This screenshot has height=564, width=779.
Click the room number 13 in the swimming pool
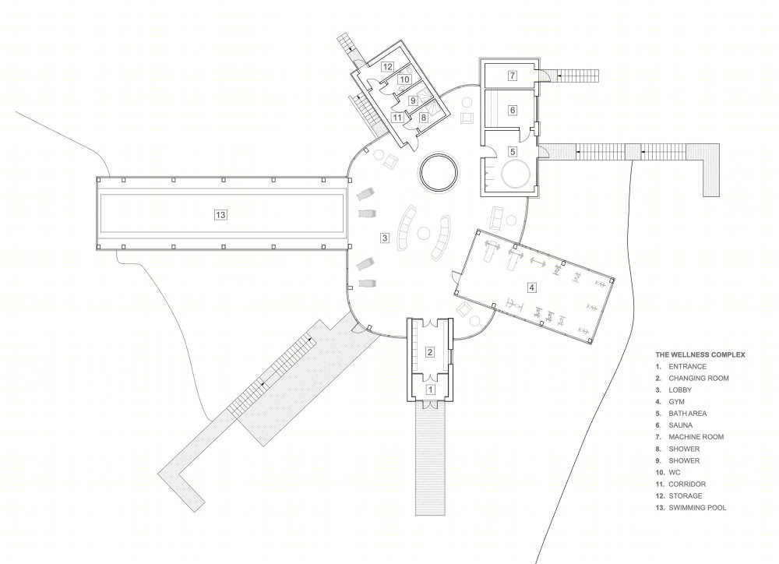[220, 215]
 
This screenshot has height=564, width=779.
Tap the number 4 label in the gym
[532, 287]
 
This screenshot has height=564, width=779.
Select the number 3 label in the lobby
[385, 238]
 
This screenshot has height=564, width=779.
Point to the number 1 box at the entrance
[431, 390]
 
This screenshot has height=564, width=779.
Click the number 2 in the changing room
[430, 352]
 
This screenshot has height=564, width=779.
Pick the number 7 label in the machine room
[513, 76]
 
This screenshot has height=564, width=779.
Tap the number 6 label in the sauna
[513, 111]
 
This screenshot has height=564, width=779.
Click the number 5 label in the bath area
[513, 152]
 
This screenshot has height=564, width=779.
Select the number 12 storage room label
[387, 66]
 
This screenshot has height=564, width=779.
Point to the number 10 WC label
[404, 79]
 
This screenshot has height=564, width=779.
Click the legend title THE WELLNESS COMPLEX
[700, 354]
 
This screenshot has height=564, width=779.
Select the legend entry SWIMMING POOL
[697, 508]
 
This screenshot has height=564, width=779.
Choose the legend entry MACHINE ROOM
[696, 437]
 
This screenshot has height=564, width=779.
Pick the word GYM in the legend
[677, 401]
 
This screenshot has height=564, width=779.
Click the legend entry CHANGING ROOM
[699, 378]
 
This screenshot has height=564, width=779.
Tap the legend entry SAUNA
[680, 425]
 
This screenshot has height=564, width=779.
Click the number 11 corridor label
[397, 118]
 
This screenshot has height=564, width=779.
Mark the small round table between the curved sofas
[424, 233]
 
